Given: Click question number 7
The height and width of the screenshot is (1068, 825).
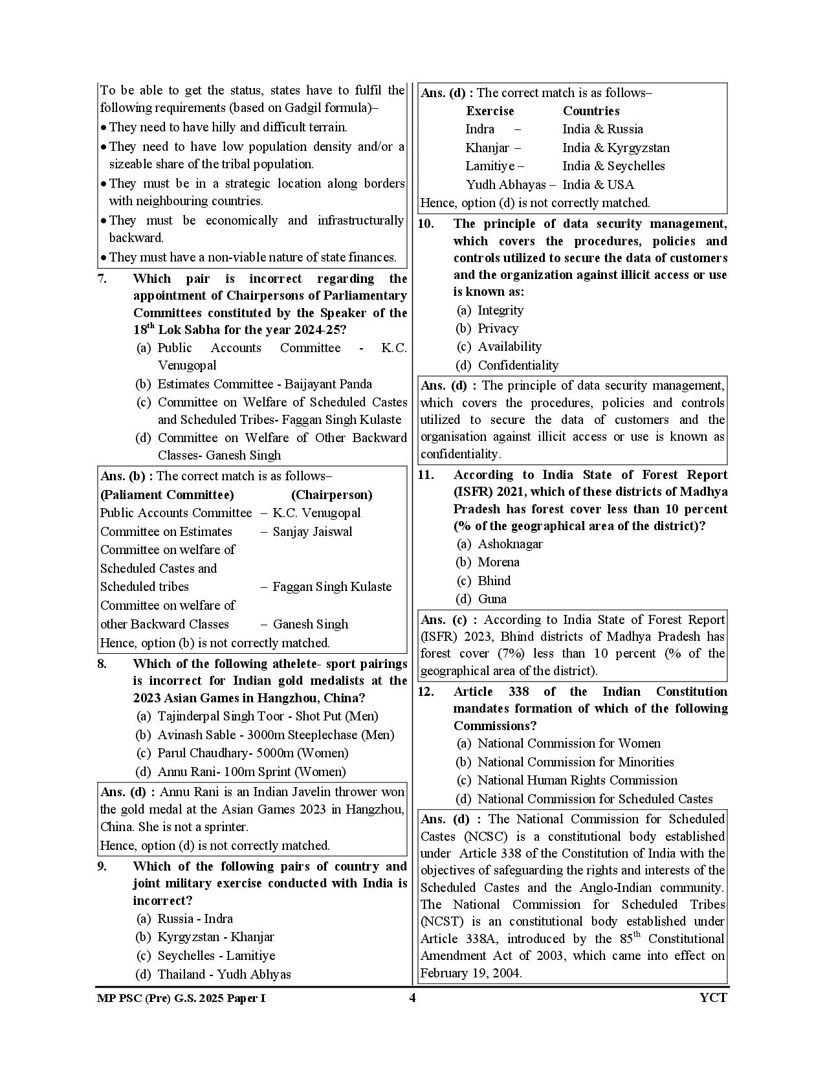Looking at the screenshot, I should (x=102, y=279).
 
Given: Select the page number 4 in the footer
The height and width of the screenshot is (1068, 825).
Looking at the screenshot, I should (x=412, y=997).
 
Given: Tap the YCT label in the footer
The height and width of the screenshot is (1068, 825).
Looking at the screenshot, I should (x=713, y=997).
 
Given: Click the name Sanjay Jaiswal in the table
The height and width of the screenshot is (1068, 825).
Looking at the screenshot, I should (x=313, y=531).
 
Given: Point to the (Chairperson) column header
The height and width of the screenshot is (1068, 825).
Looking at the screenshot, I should (x=331, y=495).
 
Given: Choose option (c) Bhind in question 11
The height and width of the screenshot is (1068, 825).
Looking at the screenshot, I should (x=494, y=581).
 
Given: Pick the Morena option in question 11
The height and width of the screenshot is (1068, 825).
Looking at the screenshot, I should (x=498, y=562).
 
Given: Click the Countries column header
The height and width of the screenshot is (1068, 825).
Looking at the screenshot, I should (x=591, y=111).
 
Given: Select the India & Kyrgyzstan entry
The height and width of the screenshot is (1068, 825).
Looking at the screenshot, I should (x=616, y=148).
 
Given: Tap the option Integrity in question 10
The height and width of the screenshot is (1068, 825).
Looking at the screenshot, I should (x=500, y=310).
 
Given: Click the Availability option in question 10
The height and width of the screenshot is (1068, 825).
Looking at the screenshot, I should (x=509, y=346).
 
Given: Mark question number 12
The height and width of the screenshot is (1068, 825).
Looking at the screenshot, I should (x=426, y=691).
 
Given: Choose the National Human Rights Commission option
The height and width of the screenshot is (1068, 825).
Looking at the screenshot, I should (x=577, y=780).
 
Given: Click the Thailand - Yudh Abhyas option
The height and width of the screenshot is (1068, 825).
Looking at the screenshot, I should (x=224, y=973).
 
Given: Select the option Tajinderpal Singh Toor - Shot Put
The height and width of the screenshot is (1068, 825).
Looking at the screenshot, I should (x=268, y=716).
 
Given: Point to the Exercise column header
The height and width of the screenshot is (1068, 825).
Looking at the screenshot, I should (x=490, y=111).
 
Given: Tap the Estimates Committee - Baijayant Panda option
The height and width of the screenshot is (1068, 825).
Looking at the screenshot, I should (x=265, y=384).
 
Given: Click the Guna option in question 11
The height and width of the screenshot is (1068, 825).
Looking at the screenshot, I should (x=492, y=599).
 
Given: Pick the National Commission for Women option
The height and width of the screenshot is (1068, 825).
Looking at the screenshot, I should (x=569, y=743).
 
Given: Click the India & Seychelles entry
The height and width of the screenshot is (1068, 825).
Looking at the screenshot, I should (x=613, y=166).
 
